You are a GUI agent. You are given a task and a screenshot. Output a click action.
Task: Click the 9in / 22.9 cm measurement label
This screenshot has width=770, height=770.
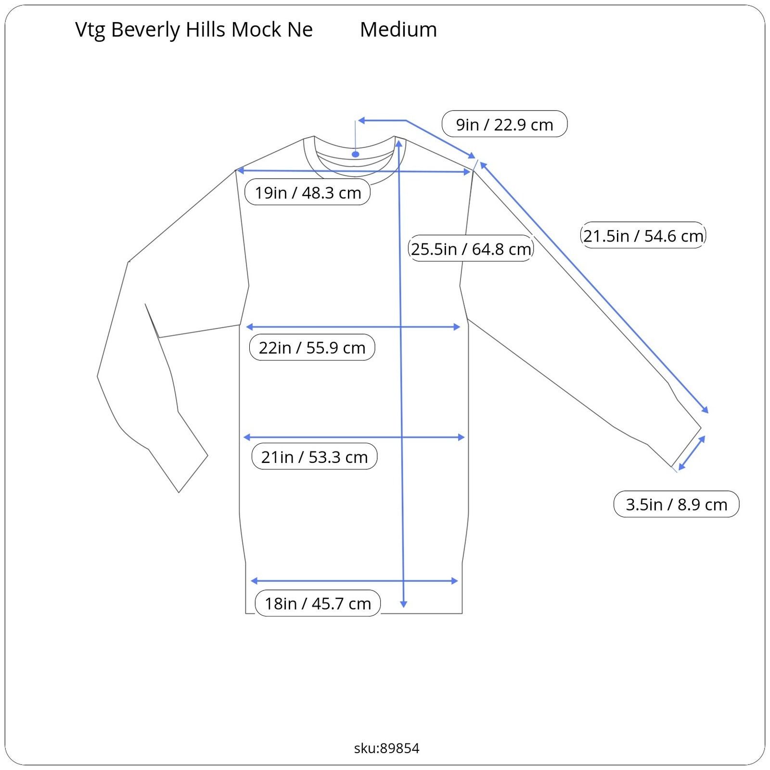click(504, 124)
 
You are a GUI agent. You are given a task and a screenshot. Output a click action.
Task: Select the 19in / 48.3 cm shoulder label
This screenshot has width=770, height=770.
click(308, 192)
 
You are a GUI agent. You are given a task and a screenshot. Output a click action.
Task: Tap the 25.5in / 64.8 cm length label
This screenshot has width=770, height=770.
click(471, 249)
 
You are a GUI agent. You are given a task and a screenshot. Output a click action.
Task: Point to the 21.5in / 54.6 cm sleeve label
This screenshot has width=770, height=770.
click(643, 235)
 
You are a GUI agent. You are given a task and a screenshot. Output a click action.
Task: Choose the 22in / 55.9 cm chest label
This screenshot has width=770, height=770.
click(312, 347)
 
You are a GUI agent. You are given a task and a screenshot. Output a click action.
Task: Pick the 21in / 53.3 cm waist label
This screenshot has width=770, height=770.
click(314, 456)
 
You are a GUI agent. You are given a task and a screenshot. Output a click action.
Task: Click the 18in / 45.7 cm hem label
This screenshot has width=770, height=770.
click(318, 603)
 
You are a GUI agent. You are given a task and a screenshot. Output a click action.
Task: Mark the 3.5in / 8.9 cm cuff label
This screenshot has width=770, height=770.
click(676, 504)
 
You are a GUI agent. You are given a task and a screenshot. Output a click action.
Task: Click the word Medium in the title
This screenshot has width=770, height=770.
click(398, 29)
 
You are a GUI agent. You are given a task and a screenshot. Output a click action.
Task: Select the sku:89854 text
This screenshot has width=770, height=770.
click(386, 748)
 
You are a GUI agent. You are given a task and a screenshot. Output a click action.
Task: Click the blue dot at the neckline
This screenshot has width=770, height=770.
click(355, 154)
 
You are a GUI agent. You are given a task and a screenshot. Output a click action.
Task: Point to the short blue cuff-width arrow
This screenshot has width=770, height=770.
click(692, 453)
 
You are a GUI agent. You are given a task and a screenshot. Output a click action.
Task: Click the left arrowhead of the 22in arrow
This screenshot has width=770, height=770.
click(249, 327)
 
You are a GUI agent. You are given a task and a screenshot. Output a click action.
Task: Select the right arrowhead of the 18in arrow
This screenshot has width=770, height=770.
click(454, 581)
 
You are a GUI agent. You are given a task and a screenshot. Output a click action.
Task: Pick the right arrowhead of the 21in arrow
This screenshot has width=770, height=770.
click(461, 437)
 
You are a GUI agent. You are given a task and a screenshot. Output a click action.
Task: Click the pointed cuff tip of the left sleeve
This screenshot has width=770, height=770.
click(179, 492)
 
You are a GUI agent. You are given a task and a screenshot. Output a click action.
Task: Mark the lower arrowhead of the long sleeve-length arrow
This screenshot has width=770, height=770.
click(706, 410)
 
